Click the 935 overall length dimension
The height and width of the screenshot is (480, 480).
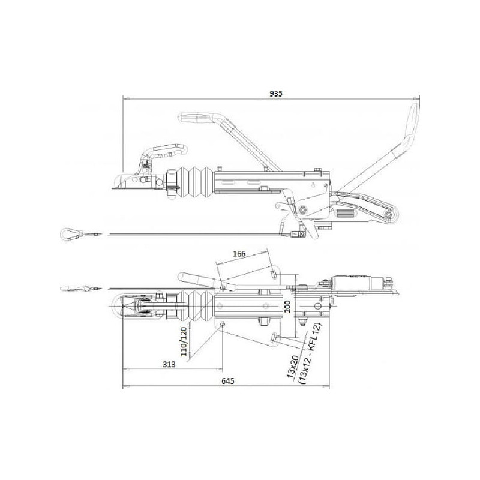click(276, 94)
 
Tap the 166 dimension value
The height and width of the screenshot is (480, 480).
click(239, 254)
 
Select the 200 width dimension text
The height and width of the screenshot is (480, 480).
click(288, 307)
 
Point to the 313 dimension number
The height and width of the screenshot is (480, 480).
click(169, 364)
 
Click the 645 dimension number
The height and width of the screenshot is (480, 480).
click(228, 381)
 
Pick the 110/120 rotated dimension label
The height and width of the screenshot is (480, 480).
click(184, 341)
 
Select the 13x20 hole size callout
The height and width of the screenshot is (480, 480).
click(293, 367)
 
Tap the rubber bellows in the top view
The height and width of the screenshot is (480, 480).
click(198, 305)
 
